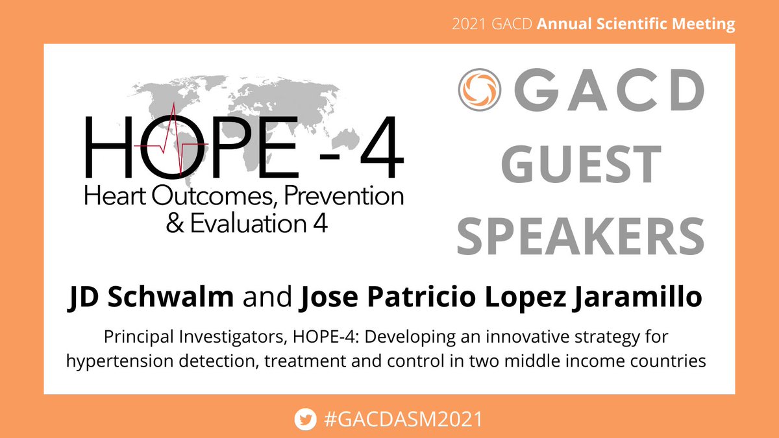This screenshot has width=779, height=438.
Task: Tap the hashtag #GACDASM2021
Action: (x=402, y=419)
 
